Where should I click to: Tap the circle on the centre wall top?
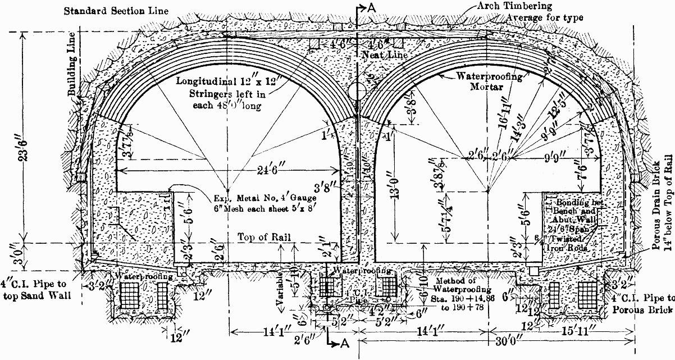coord(356,90)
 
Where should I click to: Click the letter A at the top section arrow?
coord(371,7)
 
